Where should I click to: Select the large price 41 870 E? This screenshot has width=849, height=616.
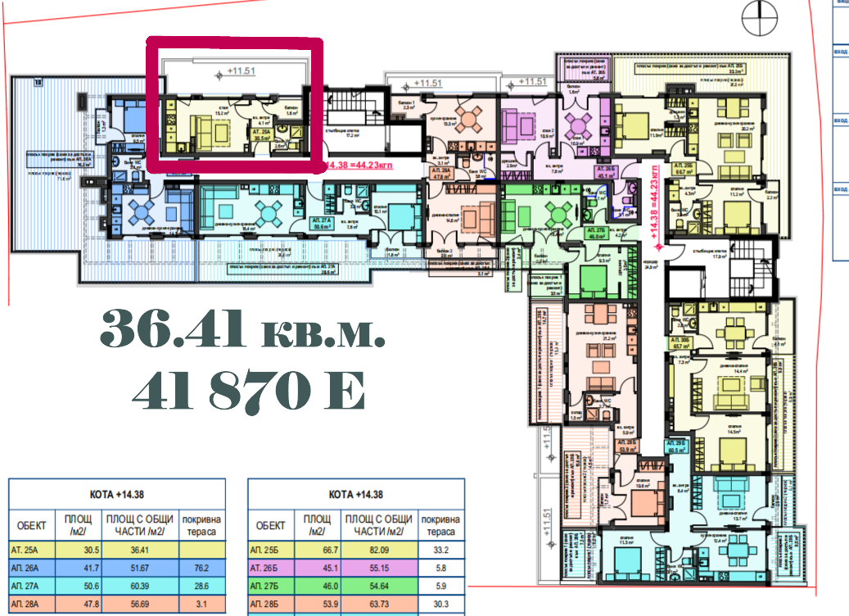(248, 392)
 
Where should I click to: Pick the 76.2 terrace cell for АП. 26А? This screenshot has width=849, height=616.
(201, 568)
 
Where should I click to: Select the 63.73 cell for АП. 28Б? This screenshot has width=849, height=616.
(377, 605)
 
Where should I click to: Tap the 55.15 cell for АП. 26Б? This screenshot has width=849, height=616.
(377, 568)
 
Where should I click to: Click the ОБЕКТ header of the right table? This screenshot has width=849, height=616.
(271, 525)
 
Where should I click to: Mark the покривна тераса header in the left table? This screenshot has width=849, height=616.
(201, 525)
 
